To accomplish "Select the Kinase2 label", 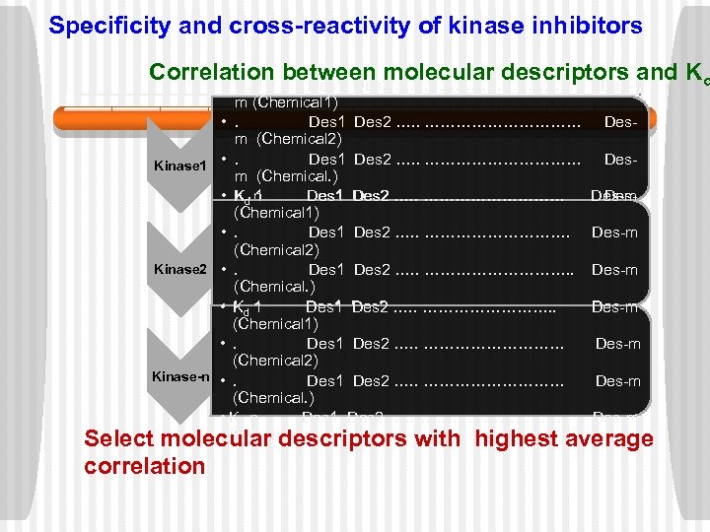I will [x=179, y=269].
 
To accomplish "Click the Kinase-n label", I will [x=180, y=377].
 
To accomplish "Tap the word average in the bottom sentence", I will [x=607, y=439].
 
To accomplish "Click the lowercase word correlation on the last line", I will [x=144, y=466].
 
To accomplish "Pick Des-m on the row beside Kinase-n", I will [x=617, y=381].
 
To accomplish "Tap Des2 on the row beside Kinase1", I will [x=372, y=159].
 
